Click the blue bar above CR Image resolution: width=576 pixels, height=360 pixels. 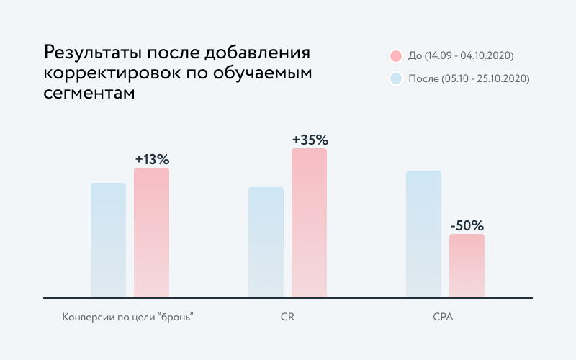(x=266, y=242)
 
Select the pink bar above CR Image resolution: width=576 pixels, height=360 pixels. (x=309, y=223)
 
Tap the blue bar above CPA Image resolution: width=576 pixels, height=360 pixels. (x=423, y=234)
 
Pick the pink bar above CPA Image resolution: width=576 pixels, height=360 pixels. (x=467, y=265)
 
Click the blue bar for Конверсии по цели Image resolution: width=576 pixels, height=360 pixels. (x=108, y=240)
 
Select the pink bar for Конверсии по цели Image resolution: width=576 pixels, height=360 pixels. (x=151, y=232)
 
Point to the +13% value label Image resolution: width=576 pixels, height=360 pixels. (x=152, y=159)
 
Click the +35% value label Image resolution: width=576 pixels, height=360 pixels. (x=310, y=140)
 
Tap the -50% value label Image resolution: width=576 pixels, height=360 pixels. (x=467, y=225)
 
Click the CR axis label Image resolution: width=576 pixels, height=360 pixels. (x=288, y=318)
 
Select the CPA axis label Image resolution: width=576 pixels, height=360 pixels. (x=445, y=318)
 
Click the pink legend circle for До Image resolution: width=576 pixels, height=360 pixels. (x=395, y=56)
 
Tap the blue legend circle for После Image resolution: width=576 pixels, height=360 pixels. (x=395, y=78)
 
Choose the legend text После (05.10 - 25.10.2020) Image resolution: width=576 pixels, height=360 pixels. (x=469, y=78)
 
